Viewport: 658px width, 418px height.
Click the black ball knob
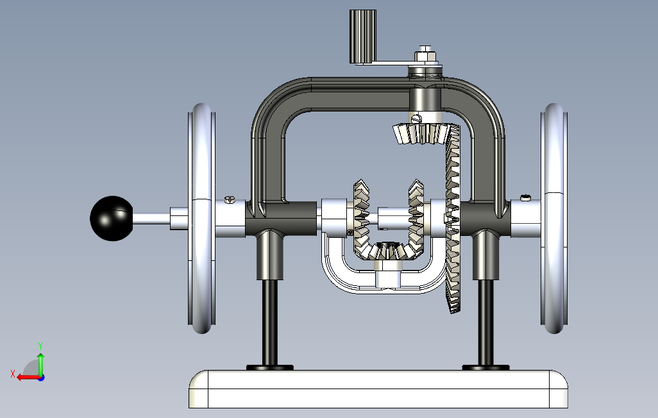112,218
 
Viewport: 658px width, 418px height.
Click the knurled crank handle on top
363,37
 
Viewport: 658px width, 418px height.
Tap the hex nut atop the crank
425,55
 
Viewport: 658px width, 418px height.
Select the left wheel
202,218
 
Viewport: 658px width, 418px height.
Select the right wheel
554,218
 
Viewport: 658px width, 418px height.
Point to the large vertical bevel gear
453,218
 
